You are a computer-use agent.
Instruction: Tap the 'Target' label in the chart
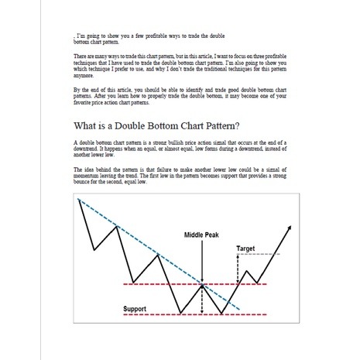click(245, 249)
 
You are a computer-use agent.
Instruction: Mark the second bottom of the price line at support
click(221, 313)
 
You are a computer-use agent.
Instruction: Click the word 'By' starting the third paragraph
click(76, 91)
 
